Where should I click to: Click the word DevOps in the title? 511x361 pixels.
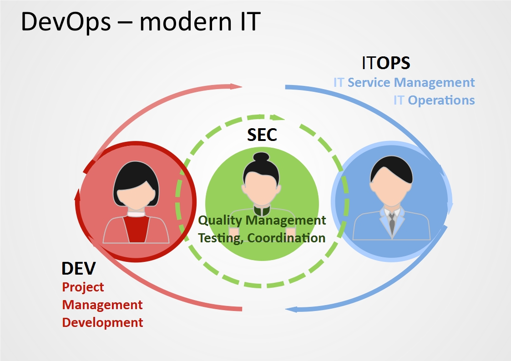(66, 21)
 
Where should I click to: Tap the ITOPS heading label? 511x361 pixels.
(386, 63)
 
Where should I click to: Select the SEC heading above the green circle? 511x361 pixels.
(262, 135)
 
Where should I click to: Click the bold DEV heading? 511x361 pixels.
(79, 268)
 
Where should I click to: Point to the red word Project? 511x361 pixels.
(83, 287)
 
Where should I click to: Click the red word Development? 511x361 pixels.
(102, 323)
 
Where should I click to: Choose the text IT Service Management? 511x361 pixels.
(404, 83)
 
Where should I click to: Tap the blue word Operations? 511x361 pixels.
(441, 100)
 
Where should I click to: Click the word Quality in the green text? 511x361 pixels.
(220, 221)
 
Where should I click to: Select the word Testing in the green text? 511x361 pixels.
(221, 238)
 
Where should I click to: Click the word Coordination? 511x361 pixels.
(286, 238)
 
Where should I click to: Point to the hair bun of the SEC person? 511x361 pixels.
(261, 157)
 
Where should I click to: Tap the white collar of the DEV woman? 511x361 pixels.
(136, 214)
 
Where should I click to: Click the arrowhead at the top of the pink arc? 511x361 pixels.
(236, 86)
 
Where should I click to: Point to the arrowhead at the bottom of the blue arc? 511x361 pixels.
(291, 309)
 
